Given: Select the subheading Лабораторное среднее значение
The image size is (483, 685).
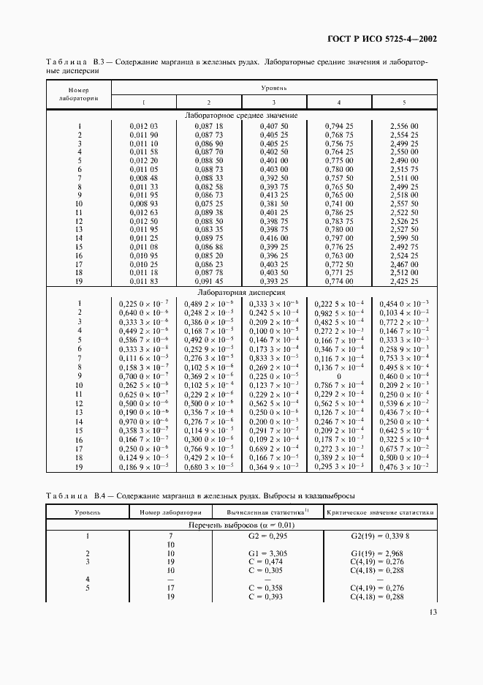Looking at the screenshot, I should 241,116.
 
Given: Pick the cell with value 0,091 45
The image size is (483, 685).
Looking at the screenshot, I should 209,280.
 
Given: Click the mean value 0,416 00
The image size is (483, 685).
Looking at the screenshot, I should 274,238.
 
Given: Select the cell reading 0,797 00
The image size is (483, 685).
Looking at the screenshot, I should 339,238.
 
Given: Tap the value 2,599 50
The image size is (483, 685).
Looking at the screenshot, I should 404,238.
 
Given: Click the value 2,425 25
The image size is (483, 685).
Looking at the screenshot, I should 404,280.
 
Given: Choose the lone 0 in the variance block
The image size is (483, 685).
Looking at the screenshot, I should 339,375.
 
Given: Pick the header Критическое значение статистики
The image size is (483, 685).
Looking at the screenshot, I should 380,512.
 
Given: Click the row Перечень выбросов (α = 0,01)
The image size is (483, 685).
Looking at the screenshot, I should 241,525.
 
